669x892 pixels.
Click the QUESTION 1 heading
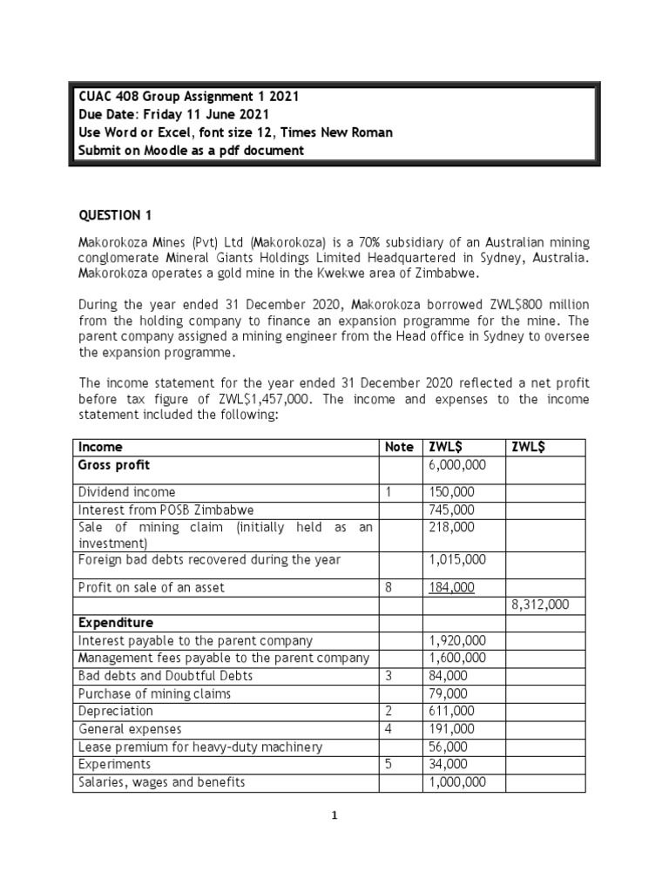point(110,215)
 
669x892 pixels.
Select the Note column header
point(399,447)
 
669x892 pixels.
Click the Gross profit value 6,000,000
point(456,466)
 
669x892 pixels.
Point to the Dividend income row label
point(126,492)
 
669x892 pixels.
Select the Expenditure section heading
point(116,623)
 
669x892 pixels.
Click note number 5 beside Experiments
point(389,764)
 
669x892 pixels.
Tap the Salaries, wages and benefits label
point(162,782)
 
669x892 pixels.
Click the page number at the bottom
point(334,815)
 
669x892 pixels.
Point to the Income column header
point(101,447)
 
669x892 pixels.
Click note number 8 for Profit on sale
point(389,588)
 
